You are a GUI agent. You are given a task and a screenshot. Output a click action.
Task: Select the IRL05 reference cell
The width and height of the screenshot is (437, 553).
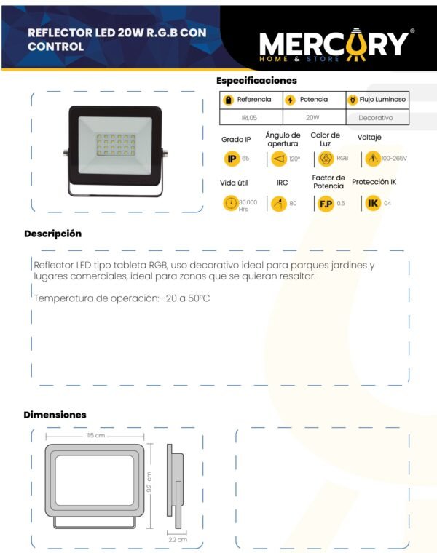tap(249, 118)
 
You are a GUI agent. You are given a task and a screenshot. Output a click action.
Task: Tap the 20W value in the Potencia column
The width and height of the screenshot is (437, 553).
tap(312, 117)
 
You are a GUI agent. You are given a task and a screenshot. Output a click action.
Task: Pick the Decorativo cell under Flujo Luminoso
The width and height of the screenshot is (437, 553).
tap(376, 118)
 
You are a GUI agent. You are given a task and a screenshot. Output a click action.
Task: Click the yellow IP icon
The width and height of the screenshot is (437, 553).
tap(232, 159)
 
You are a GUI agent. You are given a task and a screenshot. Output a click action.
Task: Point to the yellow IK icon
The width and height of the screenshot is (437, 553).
tap(373, 204)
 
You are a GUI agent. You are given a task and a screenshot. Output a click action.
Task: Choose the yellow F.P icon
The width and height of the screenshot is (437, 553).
tap(326, 204)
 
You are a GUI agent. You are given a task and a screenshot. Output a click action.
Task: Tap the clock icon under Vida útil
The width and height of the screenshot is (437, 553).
tap(231, 204)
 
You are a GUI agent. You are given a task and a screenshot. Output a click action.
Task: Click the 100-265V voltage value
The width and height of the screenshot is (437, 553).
tap(394, 159)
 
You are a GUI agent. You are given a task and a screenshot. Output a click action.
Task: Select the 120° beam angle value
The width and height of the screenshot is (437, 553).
tap(294, 159)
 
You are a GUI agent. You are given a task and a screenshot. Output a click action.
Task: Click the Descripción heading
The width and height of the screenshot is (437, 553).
tap(53, 234)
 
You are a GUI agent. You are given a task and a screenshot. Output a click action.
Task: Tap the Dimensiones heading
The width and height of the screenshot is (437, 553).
tap(55, 415)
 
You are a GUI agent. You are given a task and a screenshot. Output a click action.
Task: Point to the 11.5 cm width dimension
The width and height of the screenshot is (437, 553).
tap(95, 436)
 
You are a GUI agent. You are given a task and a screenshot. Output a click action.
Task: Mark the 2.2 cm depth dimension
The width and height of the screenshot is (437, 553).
tap(178, 540)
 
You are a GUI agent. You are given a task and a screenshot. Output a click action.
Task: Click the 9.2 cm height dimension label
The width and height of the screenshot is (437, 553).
tap(149, 482)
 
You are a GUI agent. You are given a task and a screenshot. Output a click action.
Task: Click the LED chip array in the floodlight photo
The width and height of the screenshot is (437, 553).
tap(116, 145)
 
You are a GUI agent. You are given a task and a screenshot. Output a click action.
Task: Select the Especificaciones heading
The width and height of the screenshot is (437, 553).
tap(256, 81)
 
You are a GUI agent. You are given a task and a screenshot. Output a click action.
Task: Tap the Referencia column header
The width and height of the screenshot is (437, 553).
tap(254, 100)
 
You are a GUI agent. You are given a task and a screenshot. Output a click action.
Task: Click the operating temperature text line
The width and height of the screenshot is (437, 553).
tap(122, 298)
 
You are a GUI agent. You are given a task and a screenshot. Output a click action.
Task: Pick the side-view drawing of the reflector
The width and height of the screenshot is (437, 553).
tap(175, 486)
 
